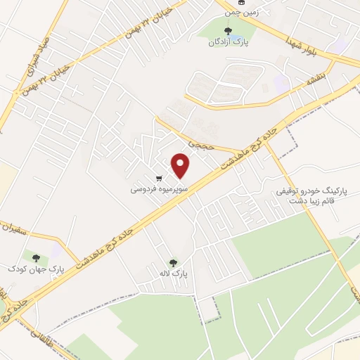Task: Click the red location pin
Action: click(x=182, y=165)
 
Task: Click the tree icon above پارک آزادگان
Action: click(x=226, y=30)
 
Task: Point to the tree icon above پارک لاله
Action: click(x=174, y=263)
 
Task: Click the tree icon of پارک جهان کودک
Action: click(x=33, y=257)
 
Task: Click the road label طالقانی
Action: click(x=34, y=338)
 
